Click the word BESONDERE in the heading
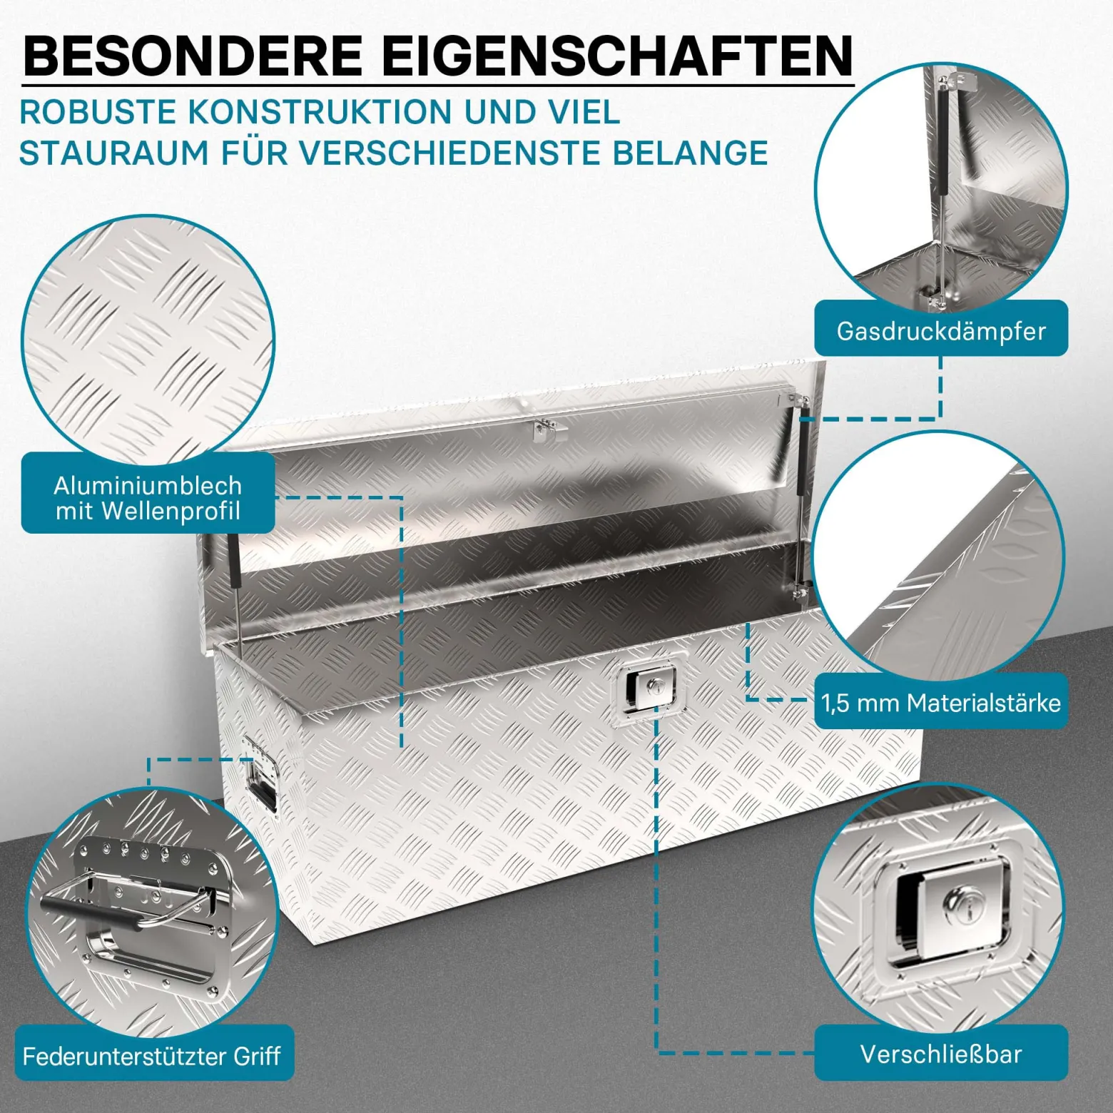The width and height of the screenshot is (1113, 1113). tap(193, 55)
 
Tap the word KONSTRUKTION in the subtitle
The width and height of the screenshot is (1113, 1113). tap(320, 113)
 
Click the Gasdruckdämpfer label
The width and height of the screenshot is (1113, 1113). tap(941, 331)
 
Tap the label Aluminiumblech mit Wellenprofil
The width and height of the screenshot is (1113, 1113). tap(148, 497)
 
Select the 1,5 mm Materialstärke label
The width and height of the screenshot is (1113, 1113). tap(941, 703)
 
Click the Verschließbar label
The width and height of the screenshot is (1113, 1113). tap(941, 1054)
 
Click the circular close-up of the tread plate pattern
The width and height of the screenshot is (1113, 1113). tap(148, 342)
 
